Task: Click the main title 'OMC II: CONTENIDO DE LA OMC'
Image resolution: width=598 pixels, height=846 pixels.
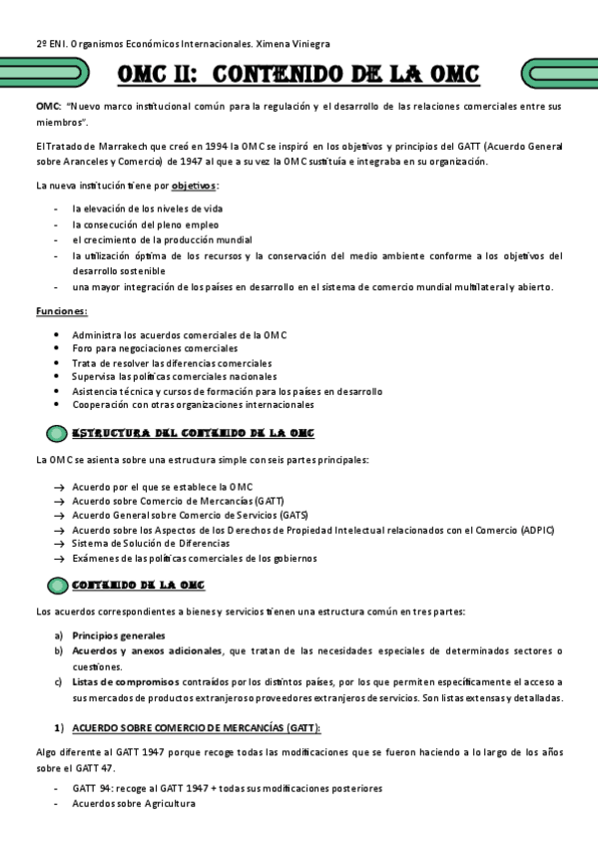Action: pyautogui.click(x=298, y=75)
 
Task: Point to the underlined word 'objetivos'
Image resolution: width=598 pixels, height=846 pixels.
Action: pyautogui.click(x=193, y=186)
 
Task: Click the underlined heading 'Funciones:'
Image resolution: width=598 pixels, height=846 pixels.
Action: pyautogui.click(x=62, y=311)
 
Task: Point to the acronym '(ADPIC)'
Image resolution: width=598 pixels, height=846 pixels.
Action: pyautogui.click(x=537, y=529)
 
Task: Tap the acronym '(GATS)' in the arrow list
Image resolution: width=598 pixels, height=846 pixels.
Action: pyautogui.click(x=294, y=515)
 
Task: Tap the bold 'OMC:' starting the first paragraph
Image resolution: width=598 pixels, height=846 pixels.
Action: pyautogui.click(x=49, y=106)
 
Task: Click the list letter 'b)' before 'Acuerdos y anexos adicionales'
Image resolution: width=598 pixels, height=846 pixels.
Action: pyautogui.click(x=59, y=651)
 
